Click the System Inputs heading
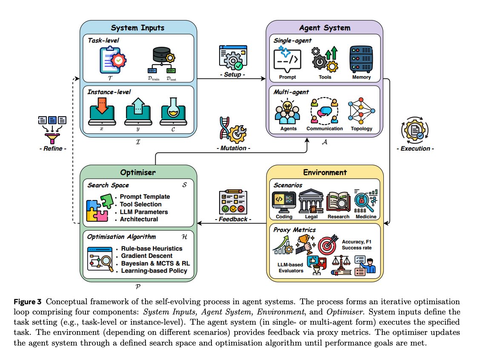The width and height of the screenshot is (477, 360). pos(138,28)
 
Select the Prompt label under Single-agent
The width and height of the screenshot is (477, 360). pos(287,77)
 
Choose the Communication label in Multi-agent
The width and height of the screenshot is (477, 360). pos(325,129)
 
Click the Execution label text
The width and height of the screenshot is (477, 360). pos(414,149)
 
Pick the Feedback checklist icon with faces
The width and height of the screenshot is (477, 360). pos(232,202)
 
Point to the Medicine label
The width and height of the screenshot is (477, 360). pos(366,217)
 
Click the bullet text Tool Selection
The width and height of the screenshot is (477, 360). pos(140,204)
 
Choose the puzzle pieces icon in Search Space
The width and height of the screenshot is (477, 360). pos(100,207)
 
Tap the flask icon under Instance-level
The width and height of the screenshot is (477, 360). pos(173,111)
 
